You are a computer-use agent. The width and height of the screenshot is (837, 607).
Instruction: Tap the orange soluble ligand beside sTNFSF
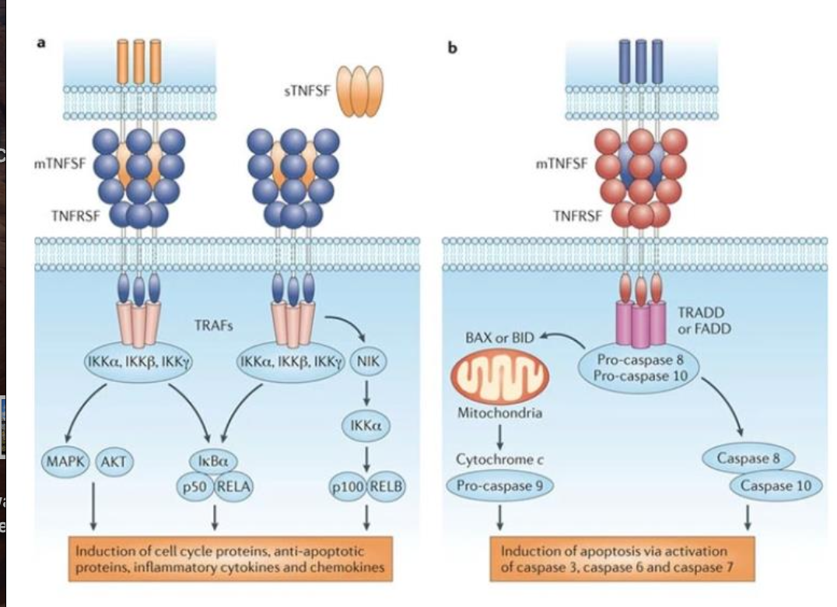point(359,90)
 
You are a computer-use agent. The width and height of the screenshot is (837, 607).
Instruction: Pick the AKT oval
point(113,461)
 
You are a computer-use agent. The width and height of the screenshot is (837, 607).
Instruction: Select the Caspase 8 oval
point(749,458)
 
